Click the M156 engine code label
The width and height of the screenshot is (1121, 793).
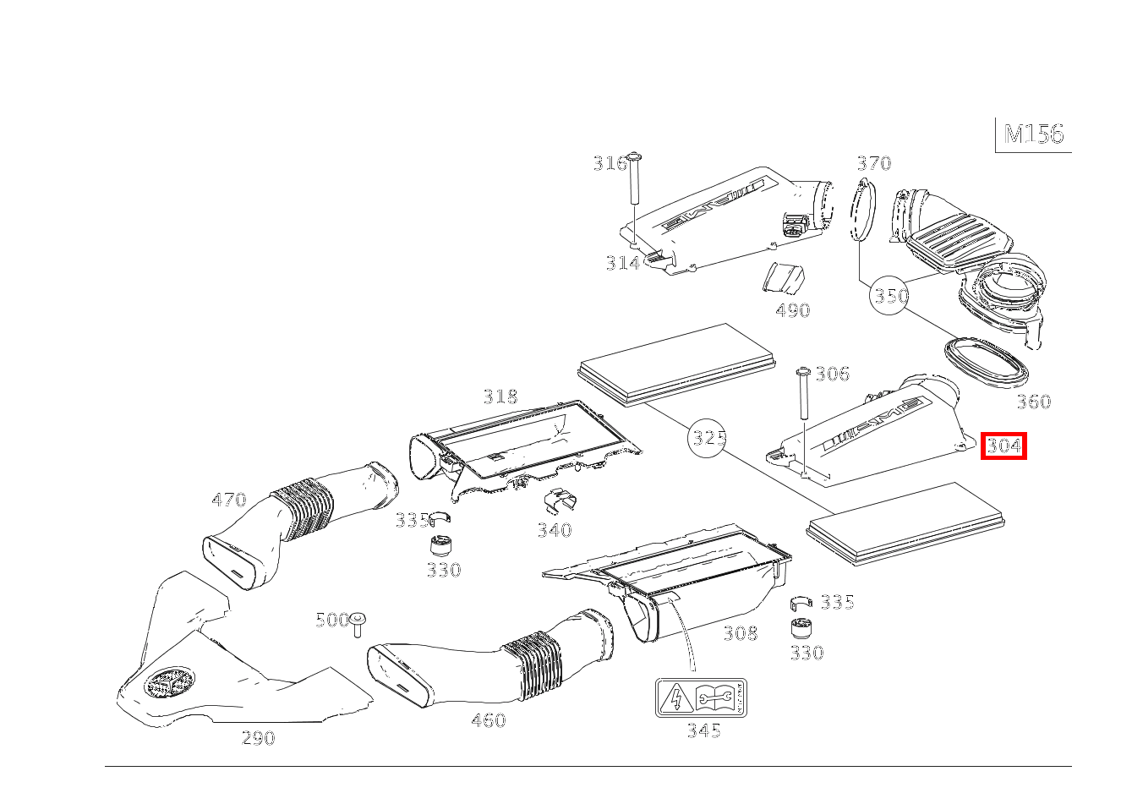(1033, 134)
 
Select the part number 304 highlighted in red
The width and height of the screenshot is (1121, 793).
(1003, 446)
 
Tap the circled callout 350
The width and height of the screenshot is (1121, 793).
(891, 296)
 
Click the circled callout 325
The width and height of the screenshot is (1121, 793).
(708, 437)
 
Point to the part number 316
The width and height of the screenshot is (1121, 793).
(609, 163)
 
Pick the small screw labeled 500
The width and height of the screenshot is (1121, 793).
(358, 625)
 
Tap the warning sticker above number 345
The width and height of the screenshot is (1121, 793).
(701, 697)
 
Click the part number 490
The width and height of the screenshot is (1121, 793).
(792, 310)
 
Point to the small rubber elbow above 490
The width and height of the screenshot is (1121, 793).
(783, 278)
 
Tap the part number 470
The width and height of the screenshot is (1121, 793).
(228, 500)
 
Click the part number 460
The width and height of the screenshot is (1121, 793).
(488, 720)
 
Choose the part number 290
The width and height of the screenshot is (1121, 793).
(258, 738)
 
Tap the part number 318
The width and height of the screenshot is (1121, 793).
(500, 396)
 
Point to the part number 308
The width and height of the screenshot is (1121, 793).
(740, 632)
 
